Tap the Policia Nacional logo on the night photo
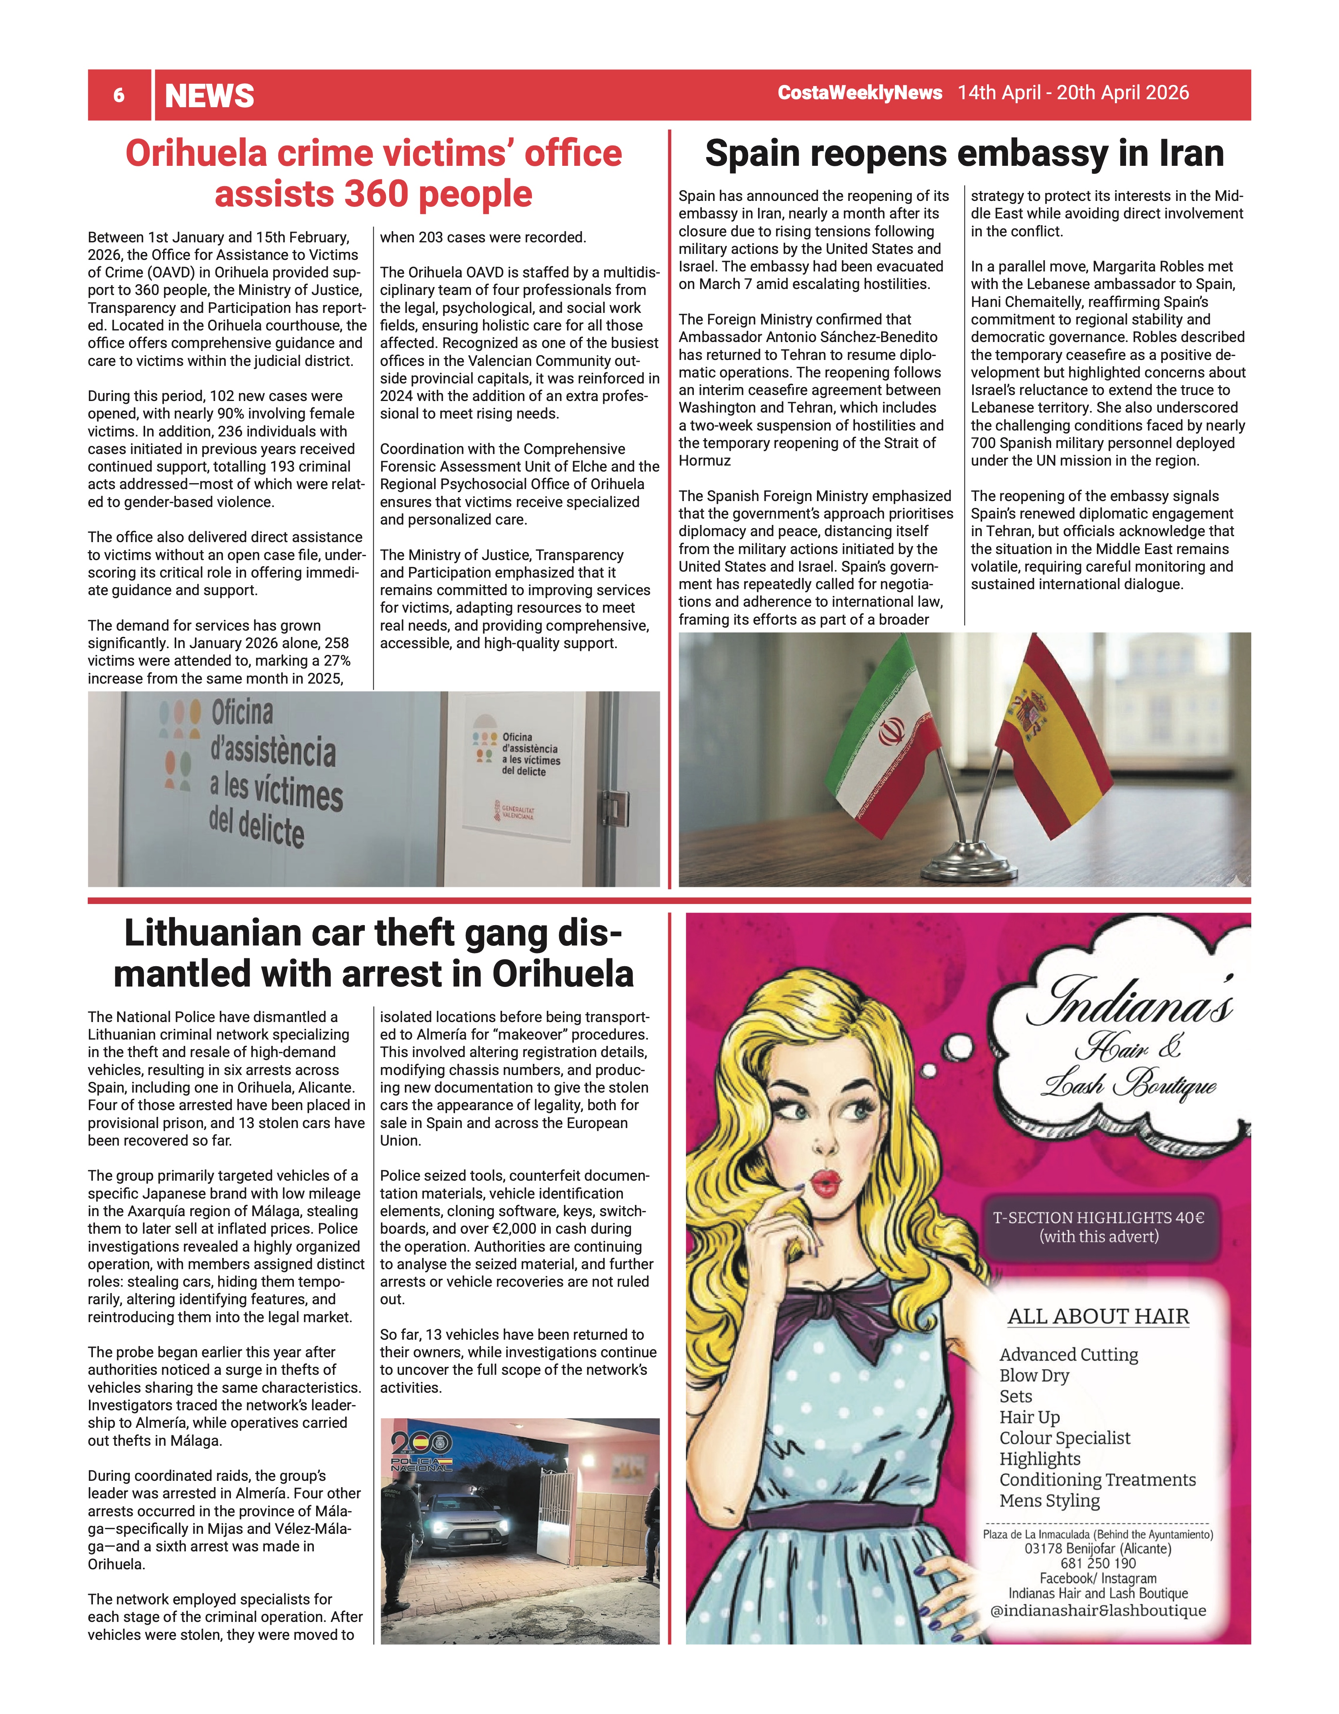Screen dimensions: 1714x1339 (x=422, y=1450)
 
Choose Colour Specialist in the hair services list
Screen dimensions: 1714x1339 (x=1064, y=1438)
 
